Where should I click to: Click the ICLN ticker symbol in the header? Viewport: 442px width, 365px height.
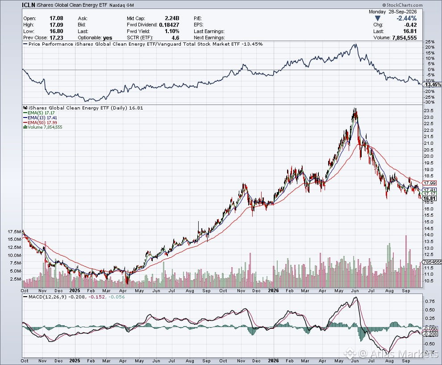[29, 5]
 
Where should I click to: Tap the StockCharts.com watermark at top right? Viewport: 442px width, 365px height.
[402, 5]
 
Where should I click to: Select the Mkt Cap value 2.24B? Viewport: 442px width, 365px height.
[172, 18]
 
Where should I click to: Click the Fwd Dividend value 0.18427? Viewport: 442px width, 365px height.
[169, 25]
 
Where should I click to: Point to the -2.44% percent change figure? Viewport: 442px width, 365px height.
[406, 18]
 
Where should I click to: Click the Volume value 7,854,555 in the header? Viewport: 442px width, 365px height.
[404, 38]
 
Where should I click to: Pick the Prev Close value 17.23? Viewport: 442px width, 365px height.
[56, 38]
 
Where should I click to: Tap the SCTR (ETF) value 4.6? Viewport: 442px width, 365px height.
[175, 38]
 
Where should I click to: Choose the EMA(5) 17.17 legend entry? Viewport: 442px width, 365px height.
[40, 113]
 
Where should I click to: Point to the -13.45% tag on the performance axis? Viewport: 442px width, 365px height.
[433, 84]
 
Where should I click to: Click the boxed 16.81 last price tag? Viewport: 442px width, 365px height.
[430, 198]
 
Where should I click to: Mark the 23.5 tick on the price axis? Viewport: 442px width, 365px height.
[429, 111]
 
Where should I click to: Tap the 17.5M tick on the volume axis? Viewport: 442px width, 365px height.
[14, 232]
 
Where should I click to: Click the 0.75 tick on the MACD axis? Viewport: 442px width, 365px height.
[429, 301]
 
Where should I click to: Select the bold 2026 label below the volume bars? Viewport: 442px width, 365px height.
[273, 290]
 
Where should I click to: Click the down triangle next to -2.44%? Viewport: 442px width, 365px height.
[378, 18]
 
